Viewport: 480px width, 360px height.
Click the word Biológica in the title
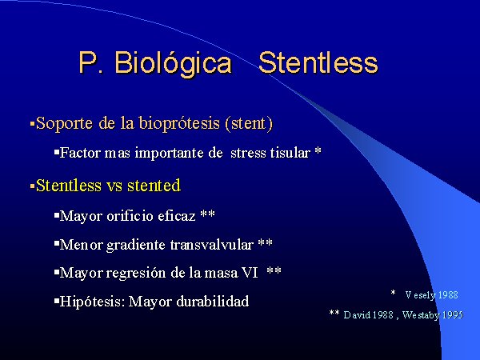[x=173, y=64]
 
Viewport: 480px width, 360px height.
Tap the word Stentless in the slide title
[x=318, y=62]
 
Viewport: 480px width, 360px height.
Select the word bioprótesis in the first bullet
[x=179, y=124]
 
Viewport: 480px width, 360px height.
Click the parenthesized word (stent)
[x=249, y=123]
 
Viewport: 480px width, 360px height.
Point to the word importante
[x=170, y=153]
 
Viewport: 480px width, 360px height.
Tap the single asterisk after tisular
[x=318, y=151]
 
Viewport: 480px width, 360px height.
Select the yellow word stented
[x=154, y=186]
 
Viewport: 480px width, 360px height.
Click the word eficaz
[x=177, y=216]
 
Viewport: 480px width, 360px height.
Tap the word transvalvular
[x=212, y=245]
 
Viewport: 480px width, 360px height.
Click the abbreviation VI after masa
[x=250, y=273]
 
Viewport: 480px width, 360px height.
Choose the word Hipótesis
[x=93, y=302]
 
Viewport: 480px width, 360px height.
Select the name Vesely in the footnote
[x=420, y=295]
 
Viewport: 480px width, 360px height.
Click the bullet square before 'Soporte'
[x=32, y=124]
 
